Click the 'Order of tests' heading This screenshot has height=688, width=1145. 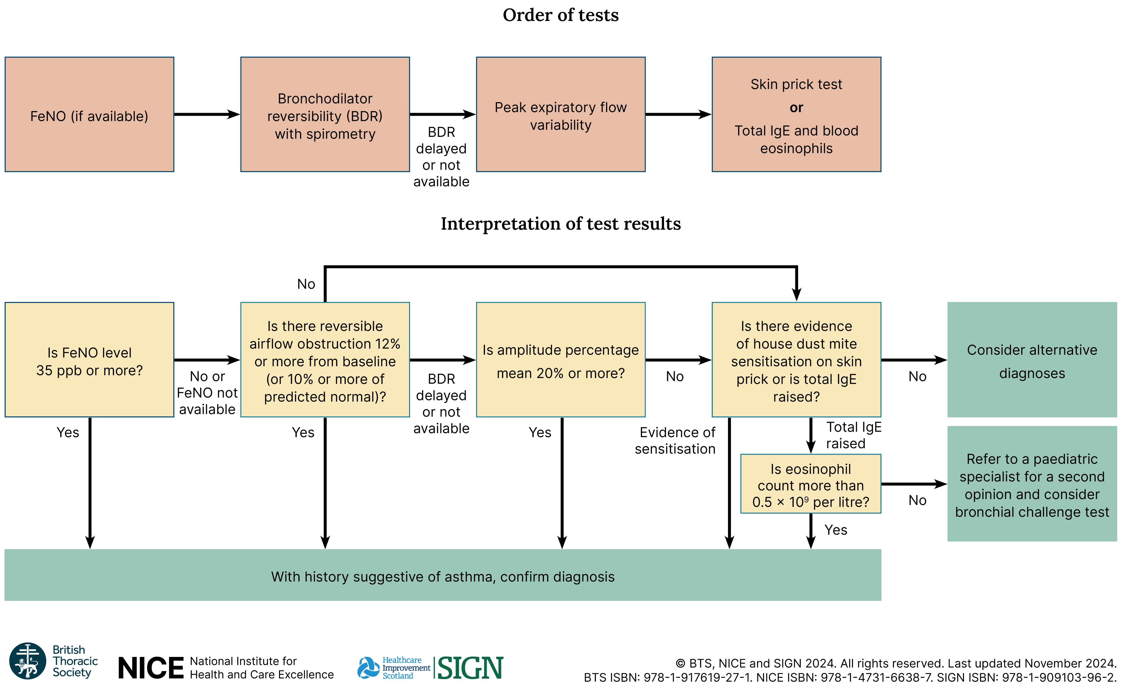[560, 15]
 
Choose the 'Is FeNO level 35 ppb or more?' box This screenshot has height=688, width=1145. [89, 360]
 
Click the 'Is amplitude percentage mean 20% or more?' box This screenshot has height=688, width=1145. [560, 360]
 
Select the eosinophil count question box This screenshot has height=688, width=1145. [810, 484]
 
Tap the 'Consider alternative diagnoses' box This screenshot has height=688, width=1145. [1032, 360]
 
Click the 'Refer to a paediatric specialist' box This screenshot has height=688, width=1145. [1032, 484]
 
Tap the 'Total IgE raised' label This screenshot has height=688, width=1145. [853, 435]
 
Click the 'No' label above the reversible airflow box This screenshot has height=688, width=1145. [306, 284]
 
